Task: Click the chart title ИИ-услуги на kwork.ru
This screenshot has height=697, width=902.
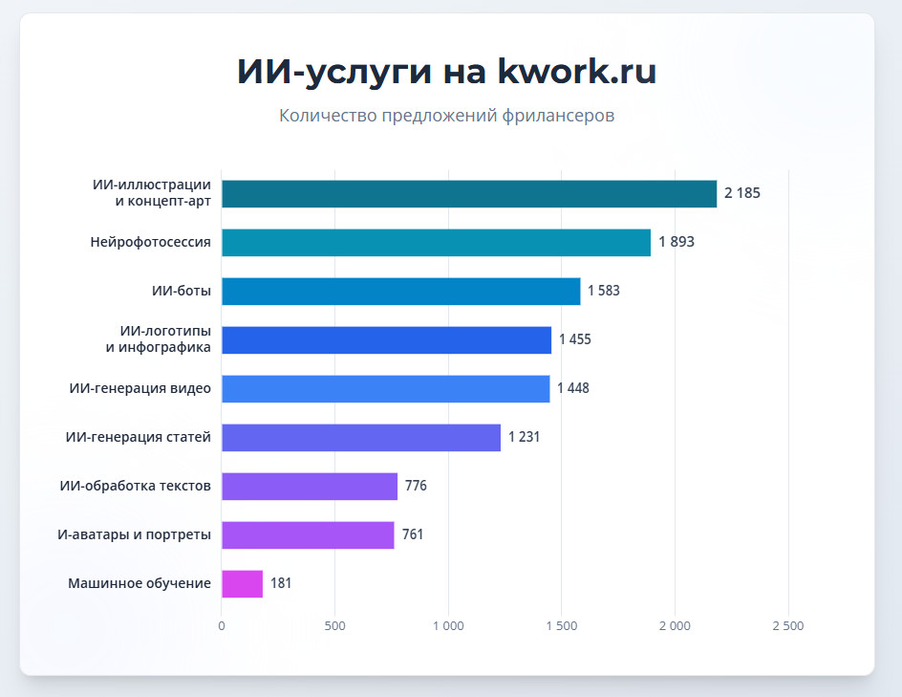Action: pos(446,73)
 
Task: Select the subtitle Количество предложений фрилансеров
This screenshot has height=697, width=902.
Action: pos(446,116)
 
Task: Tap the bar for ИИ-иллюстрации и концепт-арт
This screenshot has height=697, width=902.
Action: pos(468,193)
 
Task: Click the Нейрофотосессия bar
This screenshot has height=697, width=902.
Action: pos(436,242)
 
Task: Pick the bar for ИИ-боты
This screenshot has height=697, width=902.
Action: pos(400,291)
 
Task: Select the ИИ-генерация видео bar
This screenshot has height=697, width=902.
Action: pos(385,388)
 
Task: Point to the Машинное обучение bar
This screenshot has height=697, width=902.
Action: pos(242,583)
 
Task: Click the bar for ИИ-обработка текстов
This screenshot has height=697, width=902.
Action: pos(309,486)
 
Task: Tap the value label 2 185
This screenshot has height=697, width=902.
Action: pos(742,193)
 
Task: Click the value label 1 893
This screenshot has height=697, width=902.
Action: pos(676,242)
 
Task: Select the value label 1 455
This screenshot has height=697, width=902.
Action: pos(575,339)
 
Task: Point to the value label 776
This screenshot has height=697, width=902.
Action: pos(416,486)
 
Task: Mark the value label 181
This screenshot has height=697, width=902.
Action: pos(281,583)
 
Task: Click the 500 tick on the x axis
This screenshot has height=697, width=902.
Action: pos(334,626)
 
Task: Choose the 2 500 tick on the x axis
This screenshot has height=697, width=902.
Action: pos(787,626)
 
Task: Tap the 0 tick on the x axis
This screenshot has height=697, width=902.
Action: pos(222,626)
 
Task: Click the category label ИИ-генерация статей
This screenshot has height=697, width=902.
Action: pos(139,437)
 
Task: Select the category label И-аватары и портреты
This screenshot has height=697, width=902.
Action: pos(134,534)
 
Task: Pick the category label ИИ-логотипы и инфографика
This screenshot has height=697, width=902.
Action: pos(159,339)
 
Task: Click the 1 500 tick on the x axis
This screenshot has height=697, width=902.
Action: pos(561,626)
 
